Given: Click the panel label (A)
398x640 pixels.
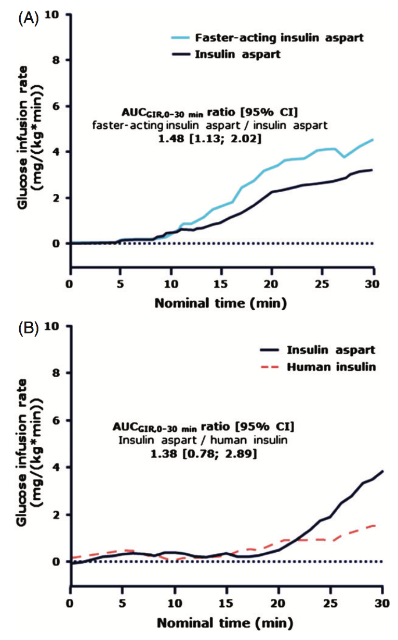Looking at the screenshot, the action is pyautogui.click(x=28, y=19).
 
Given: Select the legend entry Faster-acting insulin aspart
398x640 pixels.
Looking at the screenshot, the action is pyautogui.click(x=268, y=38).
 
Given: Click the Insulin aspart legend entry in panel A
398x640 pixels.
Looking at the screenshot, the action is pyautogui.click(x=226, y=54).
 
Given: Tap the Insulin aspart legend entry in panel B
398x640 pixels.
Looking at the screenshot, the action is pyautogui.click(x=317, y=350).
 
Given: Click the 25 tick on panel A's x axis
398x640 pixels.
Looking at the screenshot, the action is pyautogui.click(x=322, y=284).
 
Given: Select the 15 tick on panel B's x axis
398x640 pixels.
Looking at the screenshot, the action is pyautogui.click(x=225, y=604).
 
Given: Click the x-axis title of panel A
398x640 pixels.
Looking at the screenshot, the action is pyautogui.click(x=221, y=303).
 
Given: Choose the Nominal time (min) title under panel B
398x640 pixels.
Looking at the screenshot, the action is pyautogui.click(x=225, y=623).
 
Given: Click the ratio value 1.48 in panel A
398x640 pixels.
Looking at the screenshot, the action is pyautogui.click(x=171, y=139).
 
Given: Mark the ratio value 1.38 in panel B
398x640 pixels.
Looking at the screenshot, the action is pyautogui.click(x=164, y=454).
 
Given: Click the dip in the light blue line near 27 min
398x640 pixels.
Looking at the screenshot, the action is pyautogui.click(x=344, y=157).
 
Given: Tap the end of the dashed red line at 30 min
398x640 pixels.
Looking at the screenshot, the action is pyautogui.click(x=375, y=525).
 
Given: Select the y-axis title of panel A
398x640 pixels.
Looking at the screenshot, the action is pyautogui.click(x=30, y=138).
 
